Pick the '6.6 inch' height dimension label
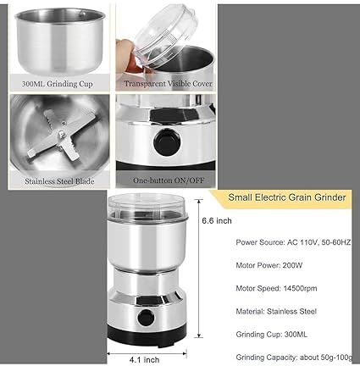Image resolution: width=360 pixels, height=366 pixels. (x=217, y=222)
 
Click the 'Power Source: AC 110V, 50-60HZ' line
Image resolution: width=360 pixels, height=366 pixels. (x=295, y=241)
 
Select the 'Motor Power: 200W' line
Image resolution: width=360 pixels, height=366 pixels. (x=271, y=265)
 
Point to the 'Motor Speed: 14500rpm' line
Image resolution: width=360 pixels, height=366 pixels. (x=277, y=288)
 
